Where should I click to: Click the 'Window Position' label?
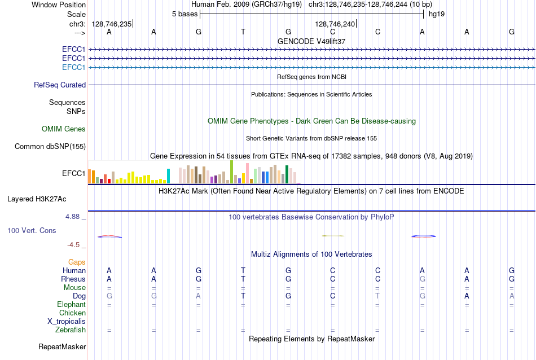tap(59, 5)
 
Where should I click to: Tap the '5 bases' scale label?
tap(184, 14)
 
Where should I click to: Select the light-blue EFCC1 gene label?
tap(73, 67)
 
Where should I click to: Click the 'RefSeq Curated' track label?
tap(60, 85)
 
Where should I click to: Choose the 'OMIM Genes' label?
tap(64, 129)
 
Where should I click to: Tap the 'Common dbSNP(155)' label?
tap(50, 146)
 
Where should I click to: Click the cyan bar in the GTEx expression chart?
tap(168, 176)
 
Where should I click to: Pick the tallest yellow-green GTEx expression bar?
tap(231, 172)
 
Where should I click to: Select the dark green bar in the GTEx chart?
tap(287, 174)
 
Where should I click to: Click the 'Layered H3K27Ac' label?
tap(37, 199)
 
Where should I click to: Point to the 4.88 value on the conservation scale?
tap(72, 217)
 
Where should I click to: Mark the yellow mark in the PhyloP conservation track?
tap(333, 235)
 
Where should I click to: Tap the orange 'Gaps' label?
tap(77, 262)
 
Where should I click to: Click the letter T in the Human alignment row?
tap(243, 270)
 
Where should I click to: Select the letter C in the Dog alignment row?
tap(333, 296)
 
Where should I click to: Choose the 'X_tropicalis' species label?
tap(67, 322)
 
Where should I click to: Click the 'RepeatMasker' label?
tap(62, 346)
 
